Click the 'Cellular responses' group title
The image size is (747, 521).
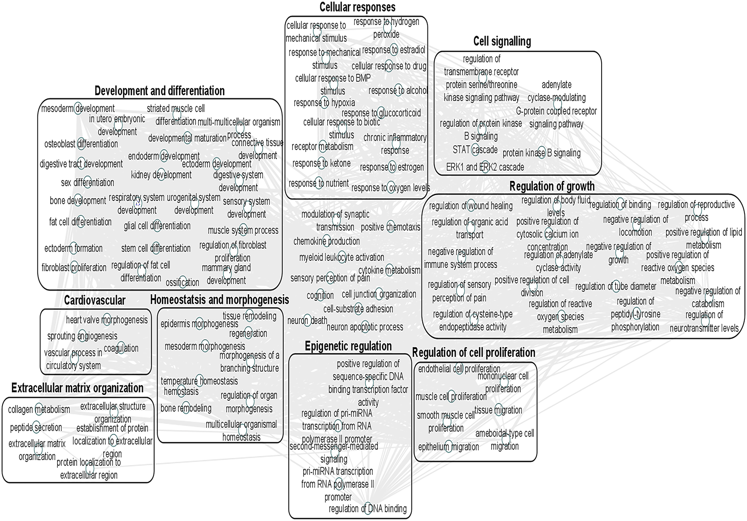tap(357, 7)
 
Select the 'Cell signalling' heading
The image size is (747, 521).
tap(502, 41)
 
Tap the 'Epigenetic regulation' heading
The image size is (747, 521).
tap(348, 346)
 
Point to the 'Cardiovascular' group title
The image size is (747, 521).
tap(94, 301)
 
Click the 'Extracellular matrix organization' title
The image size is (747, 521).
tap(77, 388)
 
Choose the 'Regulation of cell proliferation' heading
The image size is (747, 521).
tap(473, 352)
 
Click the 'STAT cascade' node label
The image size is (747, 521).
tap(475, 150)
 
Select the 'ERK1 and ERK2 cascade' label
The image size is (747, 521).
tap(485, 167)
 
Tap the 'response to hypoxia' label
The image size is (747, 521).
tap(324, 103)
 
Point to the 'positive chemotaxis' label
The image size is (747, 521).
tap(390, 227)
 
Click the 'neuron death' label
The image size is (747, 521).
tap(307, 320)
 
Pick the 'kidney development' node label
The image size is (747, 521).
tap(161, 175)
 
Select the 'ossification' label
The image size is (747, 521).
tap(182, 282)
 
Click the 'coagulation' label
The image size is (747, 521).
tap(121, 349)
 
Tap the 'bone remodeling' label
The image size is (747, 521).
tap(186, 408)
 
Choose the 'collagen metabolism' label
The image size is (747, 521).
tap(39, 409)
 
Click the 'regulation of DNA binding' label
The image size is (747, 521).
tap(368, 509)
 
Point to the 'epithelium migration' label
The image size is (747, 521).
tap(448, 447)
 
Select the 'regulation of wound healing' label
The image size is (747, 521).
tap(470, 206)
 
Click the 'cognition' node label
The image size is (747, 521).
tap(320, 295)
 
